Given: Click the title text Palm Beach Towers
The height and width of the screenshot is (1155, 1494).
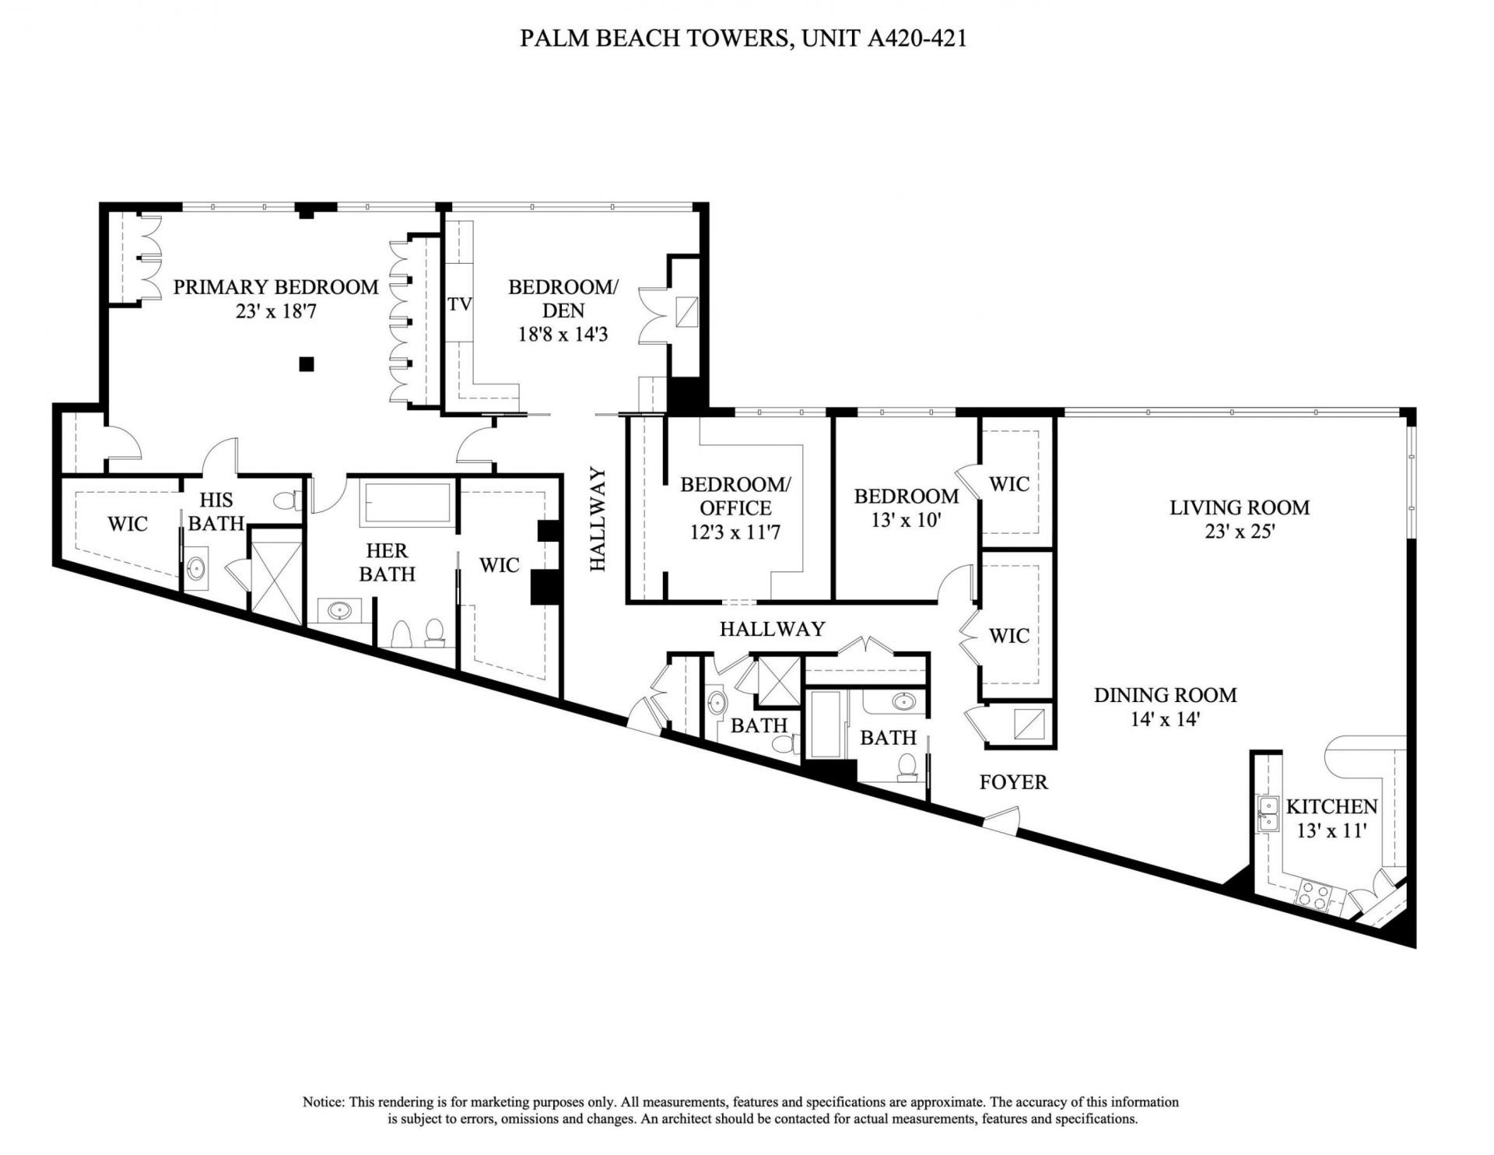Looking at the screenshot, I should click(x=654, y=39).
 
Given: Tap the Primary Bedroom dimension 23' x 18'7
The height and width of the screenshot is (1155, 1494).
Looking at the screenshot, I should click(x=275, y=312).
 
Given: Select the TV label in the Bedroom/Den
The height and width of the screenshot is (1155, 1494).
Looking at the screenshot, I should click(x=460, y=304).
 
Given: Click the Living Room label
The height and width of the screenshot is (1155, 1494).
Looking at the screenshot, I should click(x=1239, y=508).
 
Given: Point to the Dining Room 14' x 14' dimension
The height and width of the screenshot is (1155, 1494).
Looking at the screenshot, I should click(x=1164, y=720).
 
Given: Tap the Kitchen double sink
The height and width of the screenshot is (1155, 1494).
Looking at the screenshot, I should click(x=1268, y=813).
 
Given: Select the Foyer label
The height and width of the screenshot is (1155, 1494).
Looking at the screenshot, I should click(x=1013, y=782).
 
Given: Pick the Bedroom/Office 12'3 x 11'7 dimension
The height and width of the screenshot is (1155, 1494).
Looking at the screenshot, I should click(x=735, y=533).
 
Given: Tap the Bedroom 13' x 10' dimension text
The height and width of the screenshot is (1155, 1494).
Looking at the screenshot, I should click(x=907, y=520).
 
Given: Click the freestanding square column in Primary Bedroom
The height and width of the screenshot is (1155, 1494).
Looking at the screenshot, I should click(x=307, y=363).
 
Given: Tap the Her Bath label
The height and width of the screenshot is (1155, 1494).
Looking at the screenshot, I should click(x=387, y=563).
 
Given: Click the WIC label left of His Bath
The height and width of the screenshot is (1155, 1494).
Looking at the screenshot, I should click(x=128, y=524).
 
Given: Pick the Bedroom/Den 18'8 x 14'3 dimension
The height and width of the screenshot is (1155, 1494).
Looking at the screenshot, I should click(x=563, y=335).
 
